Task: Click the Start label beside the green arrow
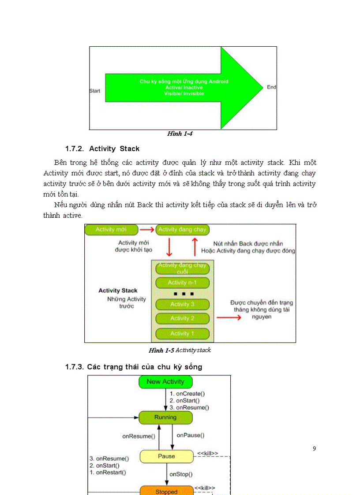pos(95,91)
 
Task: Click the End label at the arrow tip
pos(271,87)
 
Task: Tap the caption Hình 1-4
pos(180,134)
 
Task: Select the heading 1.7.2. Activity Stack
pos(102,149)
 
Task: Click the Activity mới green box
pos(111,230)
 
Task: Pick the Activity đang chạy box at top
pos(182,230)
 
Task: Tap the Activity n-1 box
pos(182,283)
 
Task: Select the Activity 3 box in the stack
pos(182,304)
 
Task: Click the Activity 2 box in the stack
pos(182,318)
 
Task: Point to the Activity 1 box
pos(182,334)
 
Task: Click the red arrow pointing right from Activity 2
pos(229,317)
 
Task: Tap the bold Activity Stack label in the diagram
pos(118,290)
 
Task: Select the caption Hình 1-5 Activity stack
pos(180,350)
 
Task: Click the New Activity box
pos(165,382)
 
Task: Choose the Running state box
pos(165,417)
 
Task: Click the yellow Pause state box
pos(166,456)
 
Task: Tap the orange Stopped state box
pos(166,491)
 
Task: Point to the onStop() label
pos(181,474)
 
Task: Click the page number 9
pos(314,449)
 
